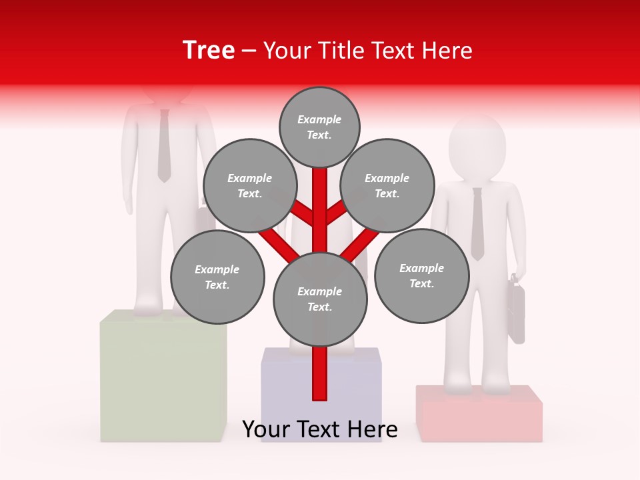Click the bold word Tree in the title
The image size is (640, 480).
[209, 50]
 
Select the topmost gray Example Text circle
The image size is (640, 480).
[319, 127]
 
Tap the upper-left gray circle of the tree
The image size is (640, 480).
[250, 186]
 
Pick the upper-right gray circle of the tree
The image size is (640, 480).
[387, 186]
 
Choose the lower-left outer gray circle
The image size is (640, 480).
[217, 277]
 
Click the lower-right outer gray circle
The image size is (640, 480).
[421, 275]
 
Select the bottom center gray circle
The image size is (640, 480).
[320, 299]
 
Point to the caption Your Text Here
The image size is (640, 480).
[320, 429]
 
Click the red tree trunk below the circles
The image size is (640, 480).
[320, 373]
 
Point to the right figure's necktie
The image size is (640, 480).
[477, 224]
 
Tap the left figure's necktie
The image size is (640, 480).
[164, 147]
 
